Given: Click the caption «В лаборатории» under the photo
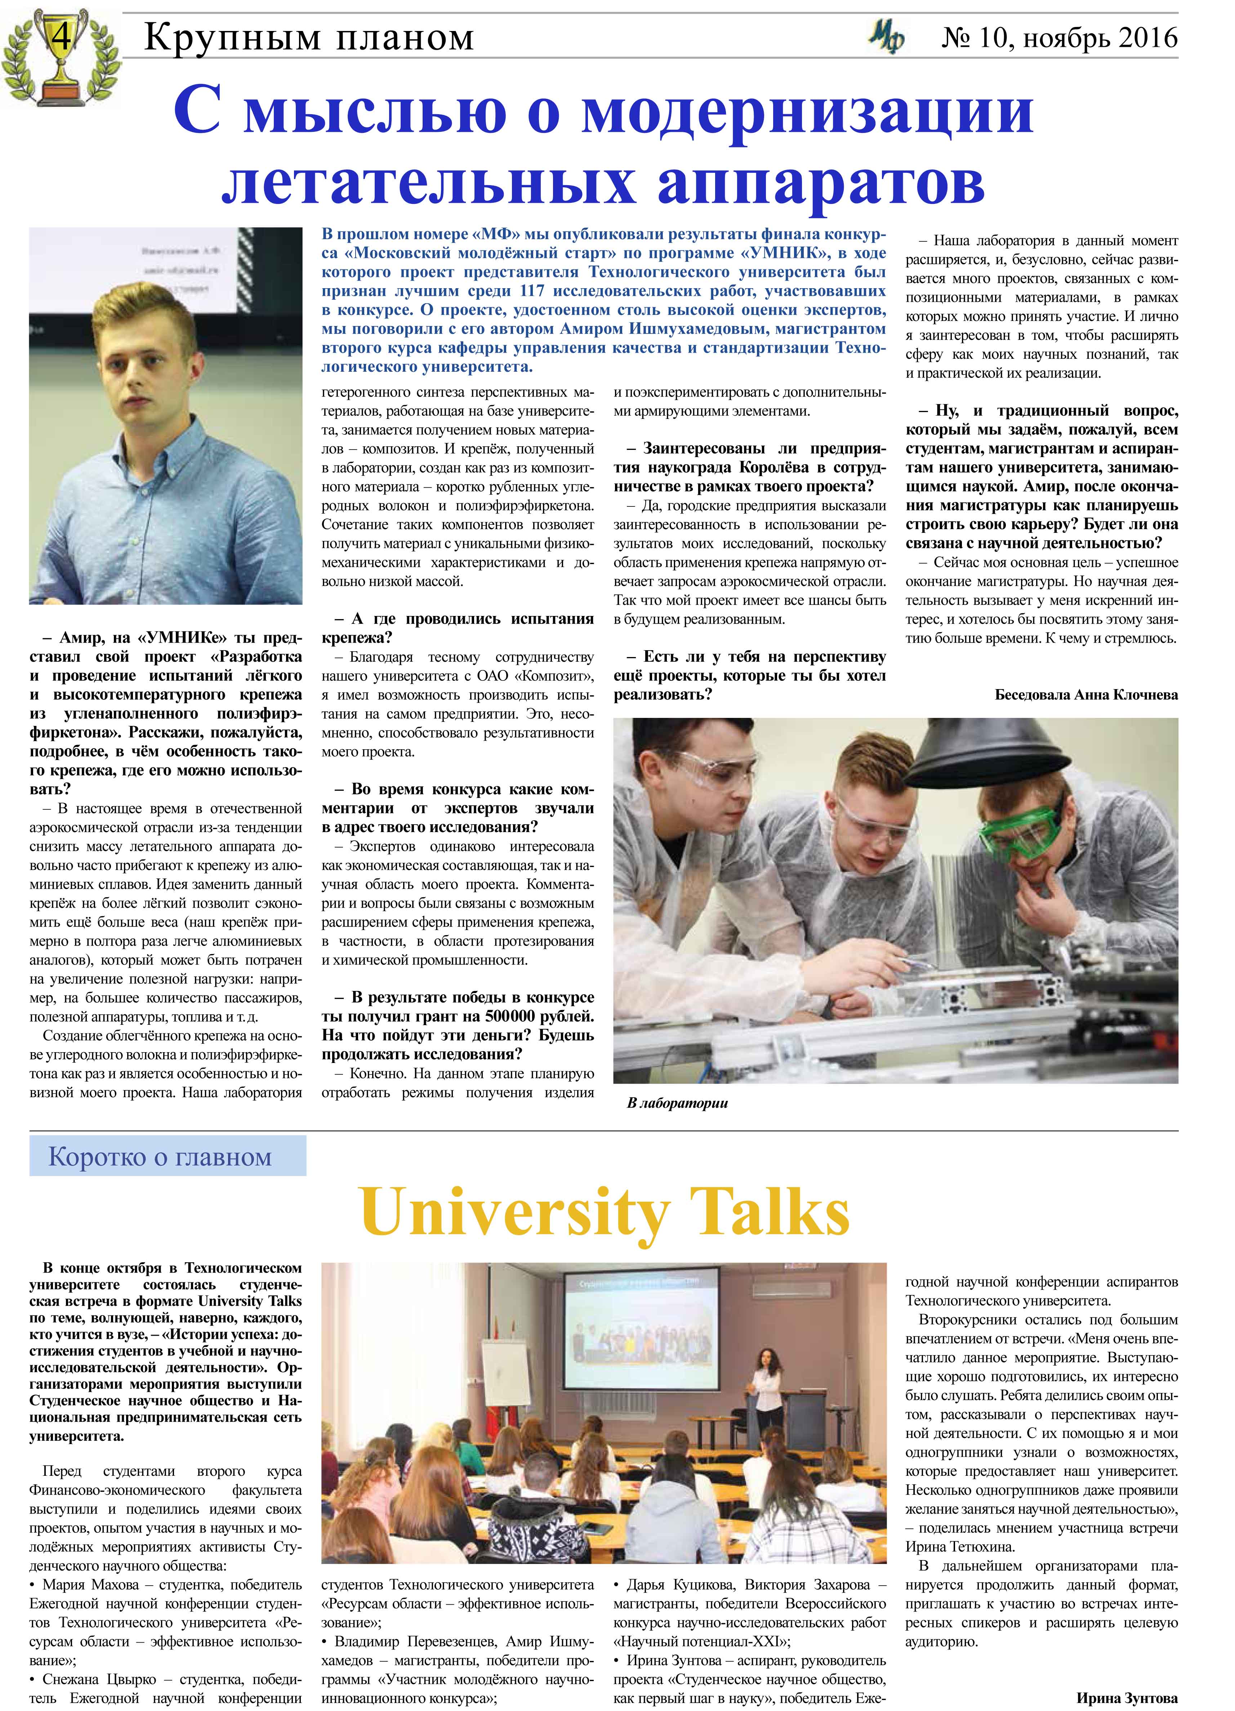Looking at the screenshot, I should pos(677,1103).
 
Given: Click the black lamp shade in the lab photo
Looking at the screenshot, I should pos(981,754).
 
